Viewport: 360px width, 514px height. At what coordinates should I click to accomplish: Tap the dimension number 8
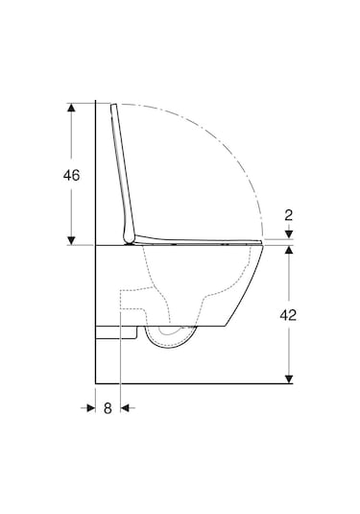coord(108,408)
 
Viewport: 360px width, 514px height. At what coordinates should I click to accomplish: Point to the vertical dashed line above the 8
coord(118,355)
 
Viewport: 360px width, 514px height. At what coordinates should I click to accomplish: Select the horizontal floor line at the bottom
coord(192,382)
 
